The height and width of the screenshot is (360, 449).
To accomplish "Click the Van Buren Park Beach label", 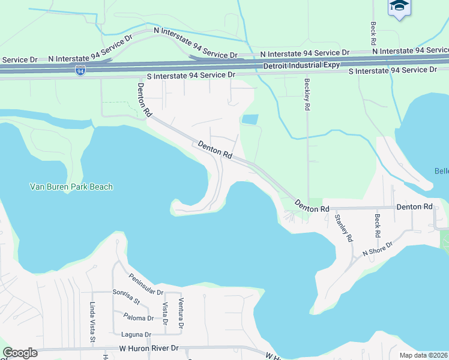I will pos(71,187).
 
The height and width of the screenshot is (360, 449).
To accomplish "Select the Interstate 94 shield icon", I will pos(80,71).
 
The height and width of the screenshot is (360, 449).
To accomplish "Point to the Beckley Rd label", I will pos(307,95).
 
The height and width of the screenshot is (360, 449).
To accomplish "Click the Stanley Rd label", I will pos(343,228).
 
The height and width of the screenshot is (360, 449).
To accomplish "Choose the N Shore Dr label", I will pos(377,249).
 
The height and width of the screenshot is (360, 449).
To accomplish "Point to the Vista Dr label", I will pos(165,313).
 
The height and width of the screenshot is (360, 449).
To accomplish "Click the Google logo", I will pos(20,353).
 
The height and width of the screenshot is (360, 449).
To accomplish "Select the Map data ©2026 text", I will pos(423,355).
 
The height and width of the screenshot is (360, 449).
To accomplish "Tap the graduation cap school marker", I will pos(399,7).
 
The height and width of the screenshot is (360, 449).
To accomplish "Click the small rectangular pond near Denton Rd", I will pos(250,119).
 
